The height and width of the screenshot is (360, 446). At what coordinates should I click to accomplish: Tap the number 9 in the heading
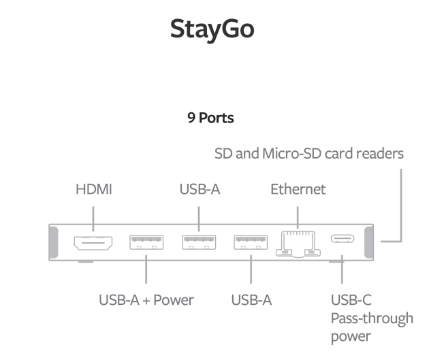191,118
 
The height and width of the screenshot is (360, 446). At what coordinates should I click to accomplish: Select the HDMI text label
93,190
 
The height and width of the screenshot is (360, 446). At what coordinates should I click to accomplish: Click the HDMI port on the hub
93,242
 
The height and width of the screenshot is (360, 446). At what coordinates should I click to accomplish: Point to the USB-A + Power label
146,299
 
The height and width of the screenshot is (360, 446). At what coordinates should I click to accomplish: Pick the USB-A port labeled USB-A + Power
146,242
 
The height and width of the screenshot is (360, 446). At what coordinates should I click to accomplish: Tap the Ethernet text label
298,189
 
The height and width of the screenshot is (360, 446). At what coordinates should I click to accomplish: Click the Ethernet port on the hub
298,243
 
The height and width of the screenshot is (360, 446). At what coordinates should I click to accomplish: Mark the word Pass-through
371,318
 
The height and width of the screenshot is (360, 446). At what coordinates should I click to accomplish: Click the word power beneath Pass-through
351,336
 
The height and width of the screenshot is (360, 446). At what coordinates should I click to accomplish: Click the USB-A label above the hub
199,189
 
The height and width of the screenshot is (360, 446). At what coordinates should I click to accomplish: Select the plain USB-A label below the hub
251,299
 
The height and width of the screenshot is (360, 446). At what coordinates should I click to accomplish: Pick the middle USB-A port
198,242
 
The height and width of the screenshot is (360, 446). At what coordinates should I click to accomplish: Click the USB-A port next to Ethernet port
251,242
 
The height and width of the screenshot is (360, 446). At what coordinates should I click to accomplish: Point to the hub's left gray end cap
53,242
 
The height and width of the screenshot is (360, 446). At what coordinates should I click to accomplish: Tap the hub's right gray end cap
370,242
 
